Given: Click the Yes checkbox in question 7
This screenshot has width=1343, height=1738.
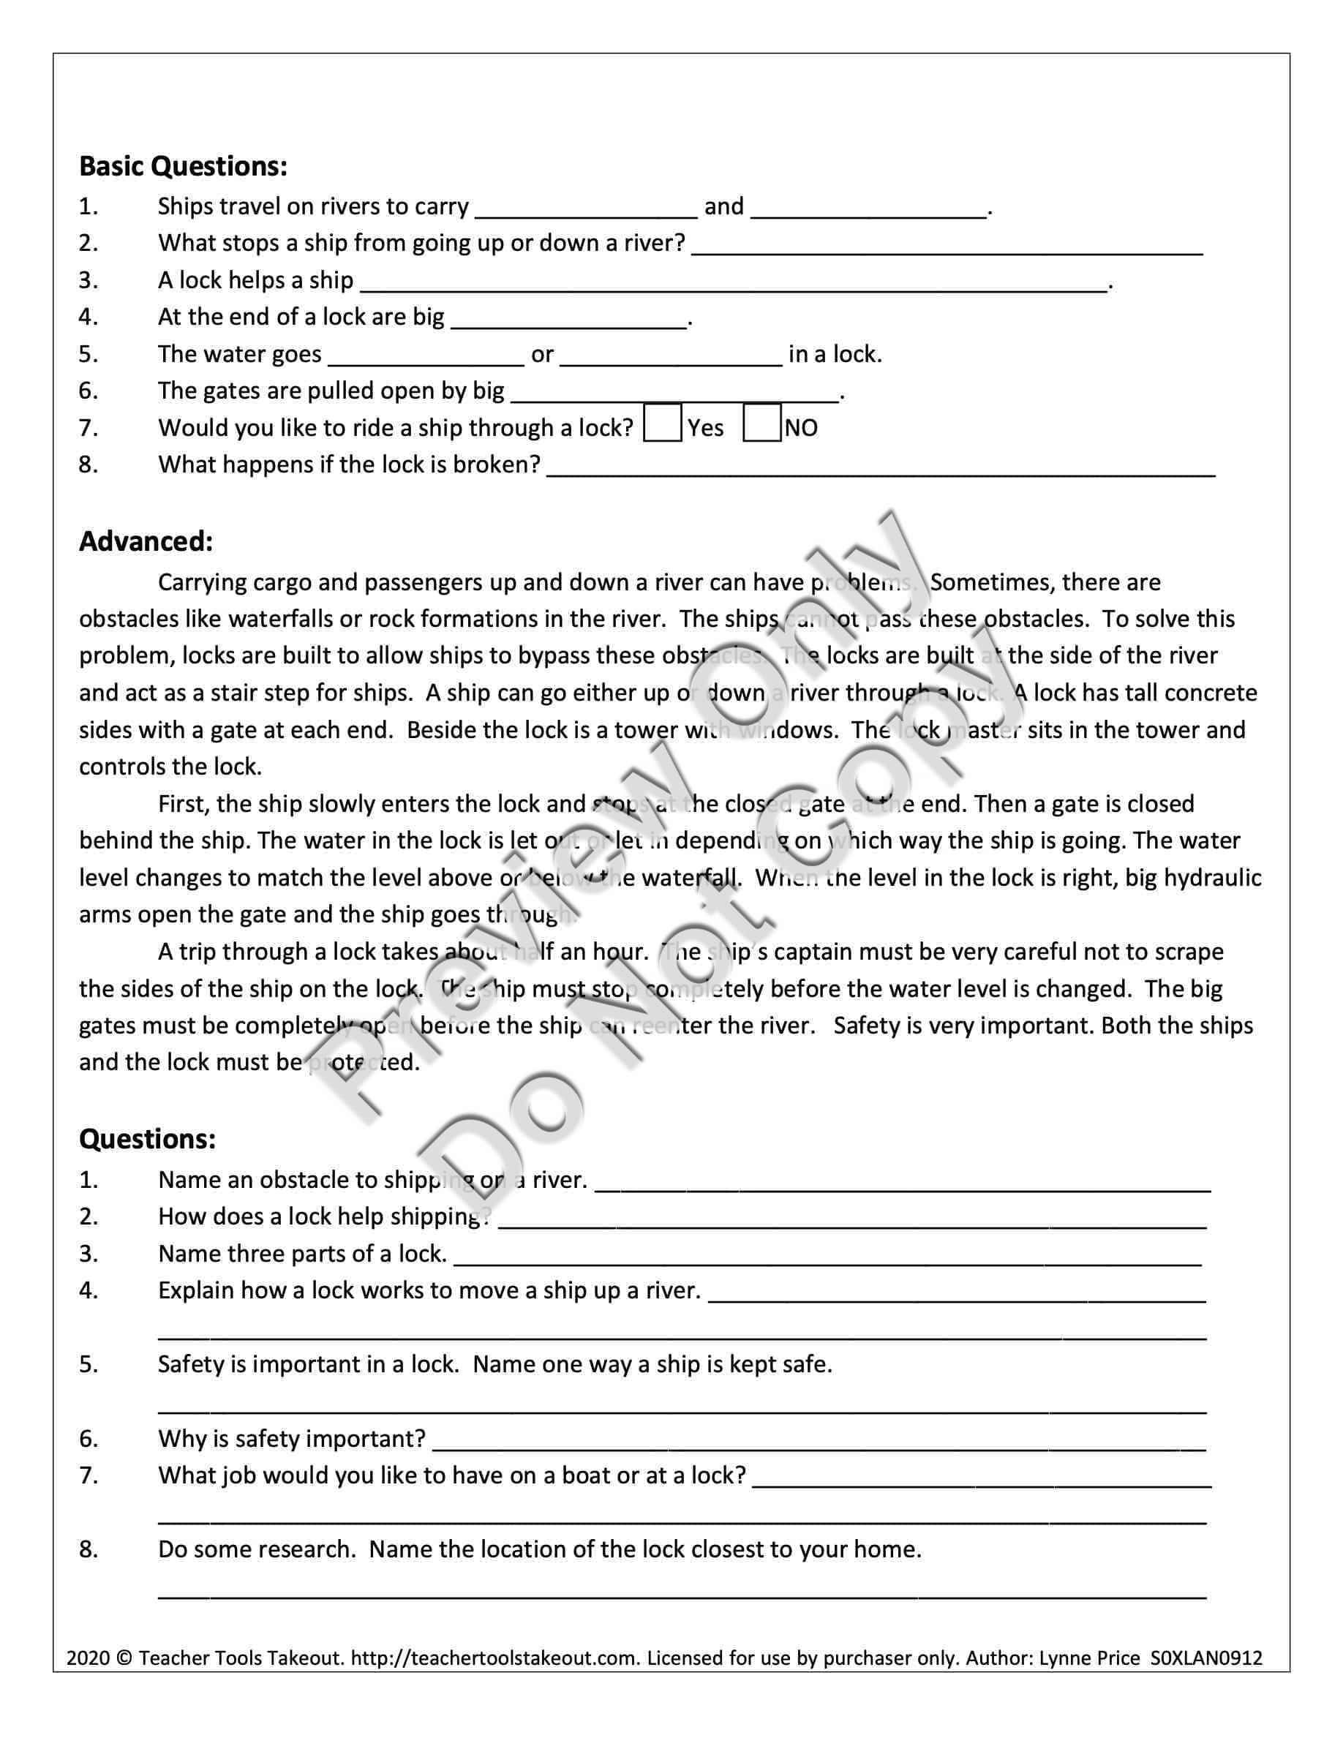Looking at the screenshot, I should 662,424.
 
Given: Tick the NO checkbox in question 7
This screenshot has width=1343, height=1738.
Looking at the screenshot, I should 761,424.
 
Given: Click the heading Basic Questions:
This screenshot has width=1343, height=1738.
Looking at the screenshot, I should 183,166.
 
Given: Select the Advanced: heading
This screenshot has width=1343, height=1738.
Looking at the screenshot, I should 146,541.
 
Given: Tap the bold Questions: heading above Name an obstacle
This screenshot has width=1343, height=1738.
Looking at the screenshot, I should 147,1139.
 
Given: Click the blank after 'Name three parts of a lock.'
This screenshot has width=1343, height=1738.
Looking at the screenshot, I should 827,1257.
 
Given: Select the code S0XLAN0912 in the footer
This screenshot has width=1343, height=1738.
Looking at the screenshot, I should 1206,1658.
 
